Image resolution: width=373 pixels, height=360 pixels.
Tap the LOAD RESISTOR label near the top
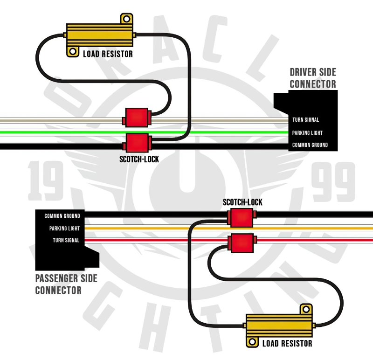[108, 54]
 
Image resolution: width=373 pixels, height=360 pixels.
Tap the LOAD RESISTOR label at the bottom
[287, 344]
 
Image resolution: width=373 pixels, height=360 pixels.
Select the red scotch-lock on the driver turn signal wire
[137, 117]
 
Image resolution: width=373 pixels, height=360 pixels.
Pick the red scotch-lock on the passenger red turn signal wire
[242, 242]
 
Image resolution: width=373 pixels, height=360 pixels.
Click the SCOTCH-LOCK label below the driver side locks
[139, 159]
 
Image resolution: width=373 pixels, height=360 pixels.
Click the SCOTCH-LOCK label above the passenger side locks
[242, 202]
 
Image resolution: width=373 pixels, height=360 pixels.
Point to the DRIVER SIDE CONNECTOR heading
[313, 78]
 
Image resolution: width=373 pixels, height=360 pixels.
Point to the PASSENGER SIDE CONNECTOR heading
[66, 284]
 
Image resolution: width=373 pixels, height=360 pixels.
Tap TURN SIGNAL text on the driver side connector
[306, 120]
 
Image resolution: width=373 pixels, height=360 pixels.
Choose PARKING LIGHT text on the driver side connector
[308, 133]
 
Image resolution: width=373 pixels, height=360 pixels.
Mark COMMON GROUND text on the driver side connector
[310, 145]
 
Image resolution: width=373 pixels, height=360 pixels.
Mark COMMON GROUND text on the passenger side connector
[62, 216]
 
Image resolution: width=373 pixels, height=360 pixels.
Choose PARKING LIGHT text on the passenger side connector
[65, 228]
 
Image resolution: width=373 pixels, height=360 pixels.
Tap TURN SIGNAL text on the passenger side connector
[66, 241]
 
